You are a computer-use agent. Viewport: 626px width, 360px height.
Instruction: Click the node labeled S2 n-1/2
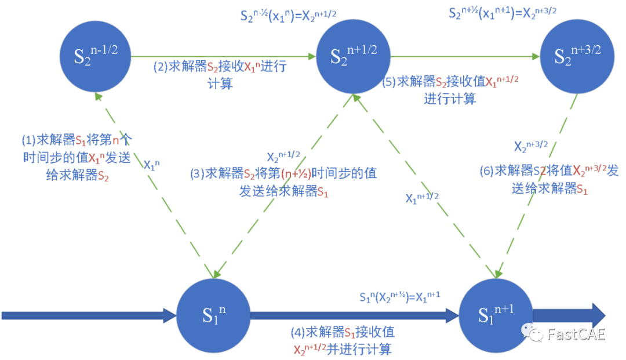point(96,56)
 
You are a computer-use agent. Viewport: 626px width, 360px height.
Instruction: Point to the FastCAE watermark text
point(576,334)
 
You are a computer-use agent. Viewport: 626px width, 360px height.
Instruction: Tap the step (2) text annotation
point(220,75)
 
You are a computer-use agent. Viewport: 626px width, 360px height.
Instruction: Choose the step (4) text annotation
point(343,341)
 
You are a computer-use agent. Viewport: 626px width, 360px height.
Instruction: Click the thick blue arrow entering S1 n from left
point(87,315)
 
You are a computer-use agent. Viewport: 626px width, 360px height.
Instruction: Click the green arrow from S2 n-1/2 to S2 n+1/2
point(223,57)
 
